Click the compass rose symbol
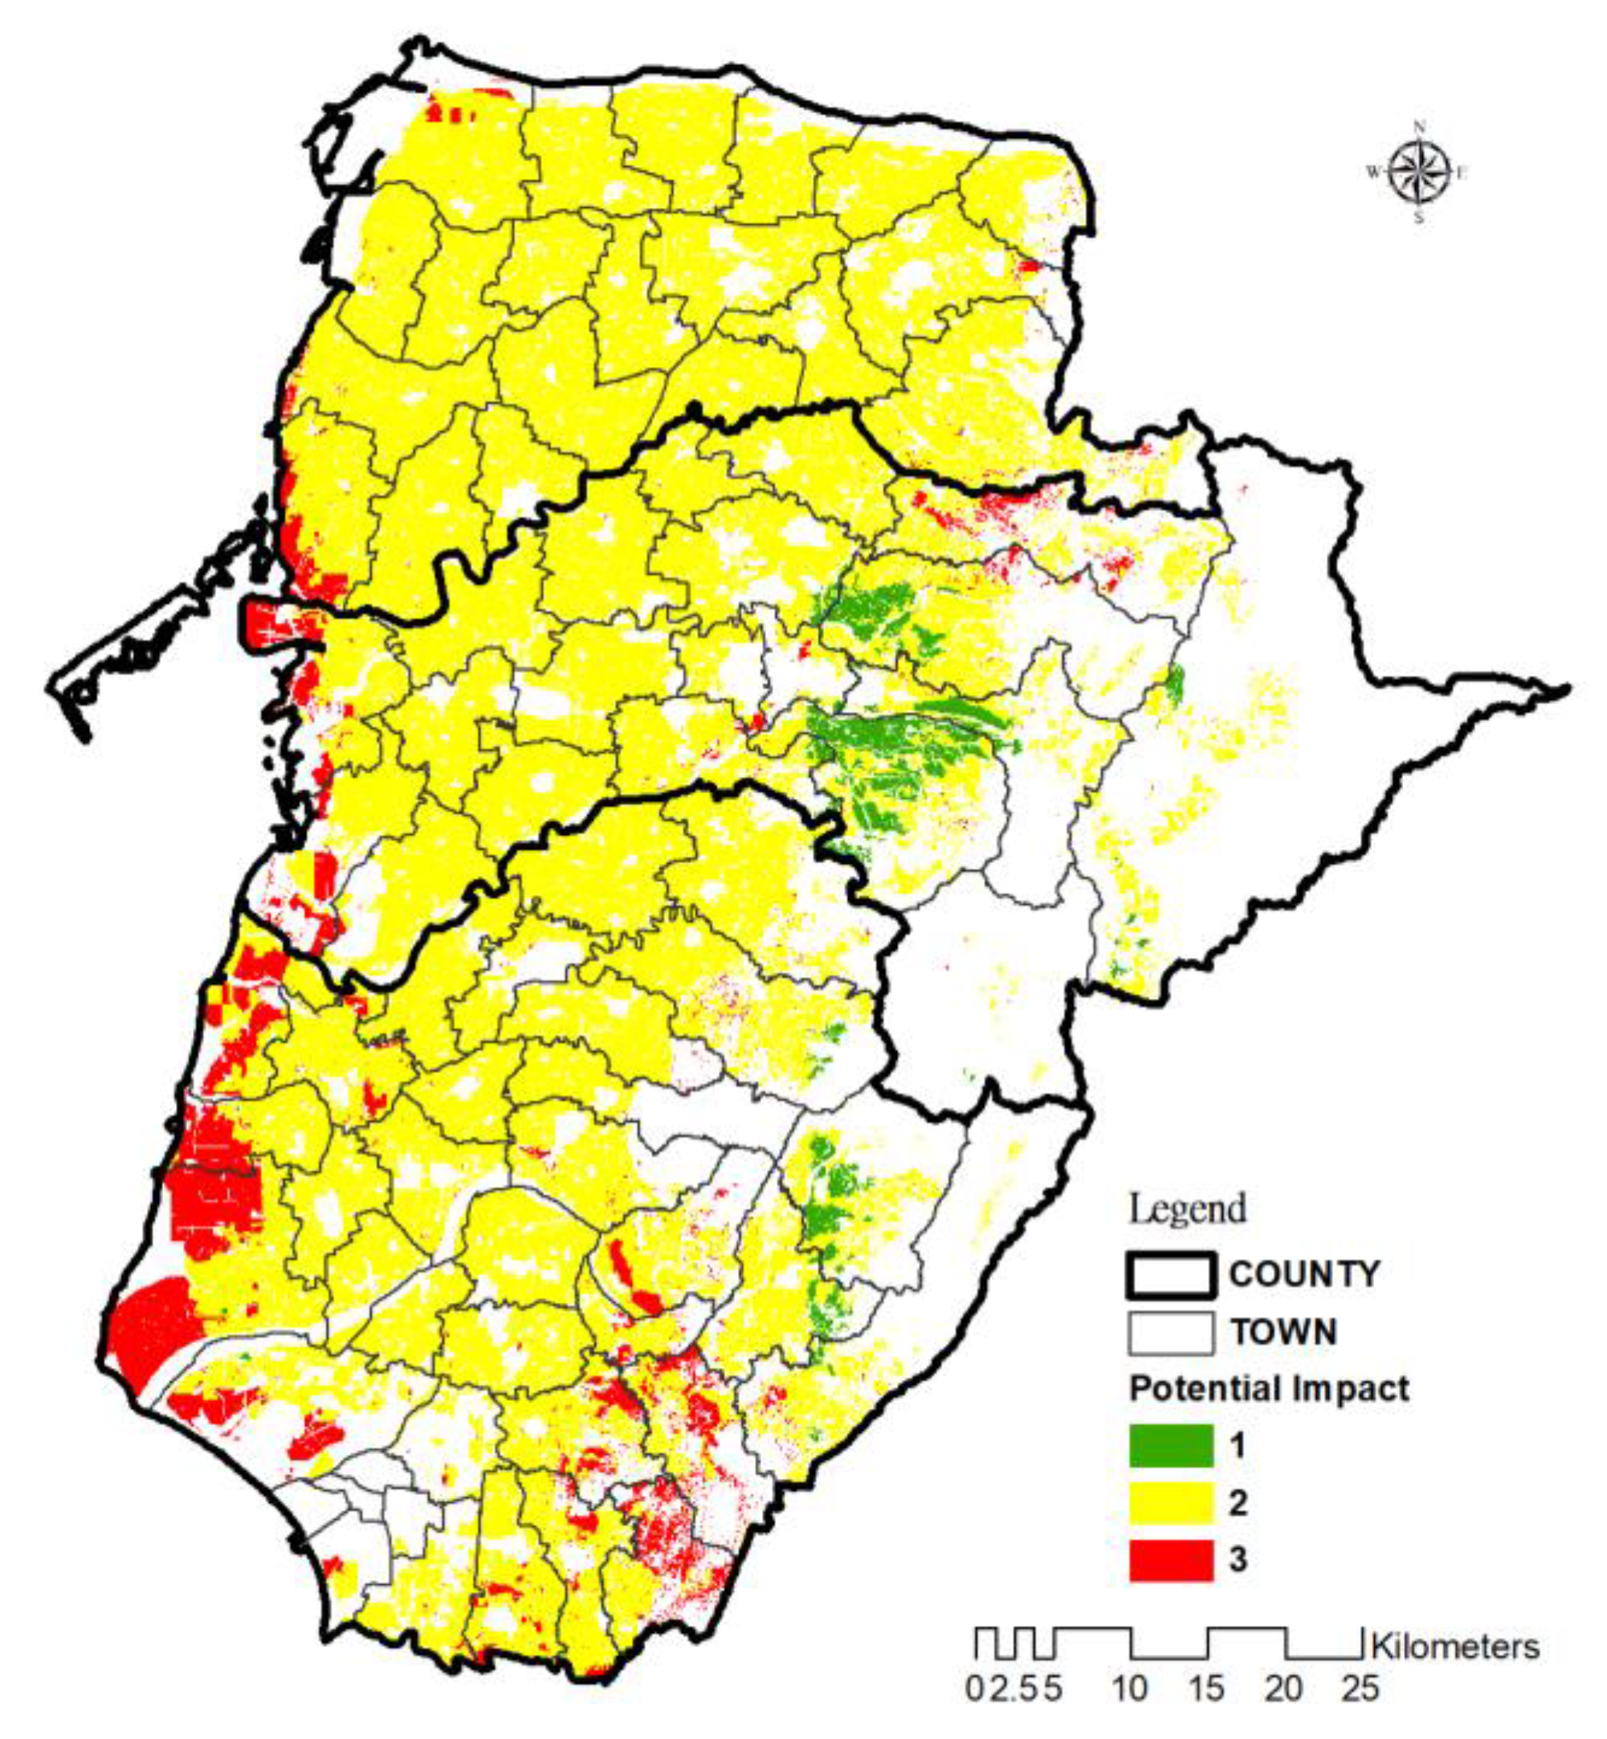pyautogui.click(x=1418, y=171)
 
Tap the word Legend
pyautogui.click(x=1187, y=1209)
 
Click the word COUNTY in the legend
pyautogui.click(x=1303, y=1275)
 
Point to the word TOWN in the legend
pyautogui.click(x=1283, y=1332)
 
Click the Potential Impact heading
pyautogui.click(x=1269, y=1389)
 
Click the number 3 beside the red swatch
pyautogui.click(x=1238, y=1560)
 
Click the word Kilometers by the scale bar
pyautogui.click(x=1455, y=1647)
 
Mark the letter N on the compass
pyautogui.click(x=1419, y=124)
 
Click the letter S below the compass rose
pyautogui.click(x=1418, y=218)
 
